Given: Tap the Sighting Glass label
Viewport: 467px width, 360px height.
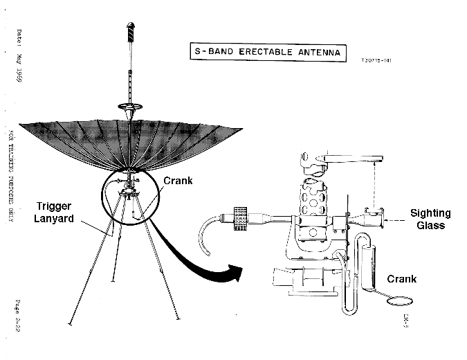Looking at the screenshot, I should click(x=430, y=219).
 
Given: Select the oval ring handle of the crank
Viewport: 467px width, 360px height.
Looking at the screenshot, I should click(x=401, y=302).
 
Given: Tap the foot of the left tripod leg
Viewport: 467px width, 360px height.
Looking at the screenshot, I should click(x=70, y=324).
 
